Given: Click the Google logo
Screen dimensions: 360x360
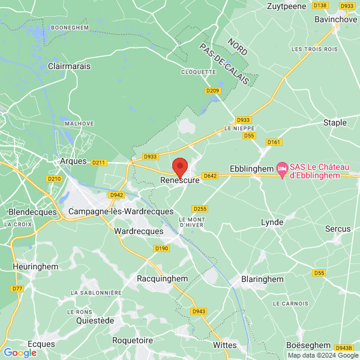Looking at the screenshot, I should coord(19,353).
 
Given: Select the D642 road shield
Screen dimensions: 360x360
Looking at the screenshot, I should coord(210,176).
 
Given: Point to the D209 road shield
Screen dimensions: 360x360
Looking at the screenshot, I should coord(213,91).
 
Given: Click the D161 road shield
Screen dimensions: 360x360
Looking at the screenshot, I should coord(274,142).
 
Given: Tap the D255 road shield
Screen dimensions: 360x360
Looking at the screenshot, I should coord(200,208).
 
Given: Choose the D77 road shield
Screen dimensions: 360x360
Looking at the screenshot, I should coord(17,289).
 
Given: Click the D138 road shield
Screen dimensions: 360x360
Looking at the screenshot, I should coord(320,5).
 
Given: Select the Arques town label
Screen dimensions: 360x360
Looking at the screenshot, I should coord(74,161).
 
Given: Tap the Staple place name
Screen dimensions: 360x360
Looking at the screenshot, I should coord(335,122).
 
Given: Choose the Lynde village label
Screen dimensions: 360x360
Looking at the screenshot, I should coord(272,222).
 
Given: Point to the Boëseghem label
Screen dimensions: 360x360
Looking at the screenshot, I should coord(308,345).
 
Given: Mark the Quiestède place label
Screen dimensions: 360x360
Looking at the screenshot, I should coord(95,320).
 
